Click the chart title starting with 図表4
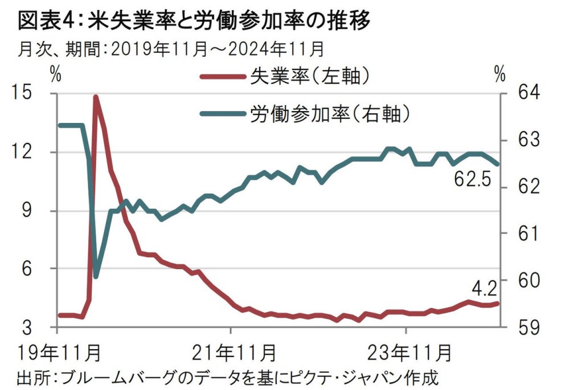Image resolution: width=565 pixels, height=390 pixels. coord(194,21)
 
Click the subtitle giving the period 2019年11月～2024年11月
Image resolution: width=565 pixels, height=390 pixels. coord(171,50)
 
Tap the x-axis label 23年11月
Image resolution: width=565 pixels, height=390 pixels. coord(406,354)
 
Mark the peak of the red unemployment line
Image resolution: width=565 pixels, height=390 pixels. coord(96,97)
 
